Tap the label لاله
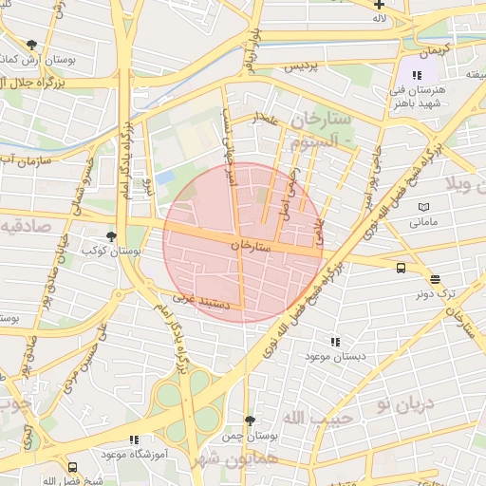click(380, 18)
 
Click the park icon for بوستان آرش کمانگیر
click(32, 45)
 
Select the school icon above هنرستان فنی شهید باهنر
click(416, 75)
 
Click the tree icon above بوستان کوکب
click(111, 236)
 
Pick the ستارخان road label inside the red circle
click(251, 245)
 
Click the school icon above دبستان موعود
click(334, 341)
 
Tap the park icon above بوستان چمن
click(250, 420)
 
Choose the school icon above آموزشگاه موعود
click(133, 439)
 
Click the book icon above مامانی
click(423, 207)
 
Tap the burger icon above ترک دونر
click(435, 279)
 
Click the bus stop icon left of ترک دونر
click(401, 268)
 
